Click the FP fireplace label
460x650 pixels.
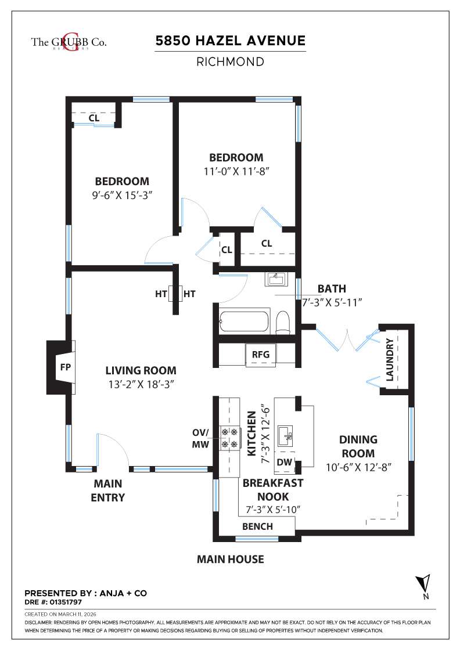tap(64, 367)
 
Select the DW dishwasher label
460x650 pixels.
tap(284, 462)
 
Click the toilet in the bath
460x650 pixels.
tap(283, 322)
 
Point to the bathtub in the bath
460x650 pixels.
tap(243, 321)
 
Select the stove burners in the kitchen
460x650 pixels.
tap(229, 438)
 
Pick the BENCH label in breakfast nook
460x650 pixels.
tap(257, 526)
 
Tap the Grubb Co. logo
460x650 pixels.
tap(69, 42)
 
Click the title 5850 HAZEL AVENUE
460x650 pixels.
tap(230, 41)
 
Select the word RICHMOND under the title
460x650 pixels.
tap(230, 61)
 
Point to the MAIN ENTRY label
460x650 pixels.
tap(109, 490)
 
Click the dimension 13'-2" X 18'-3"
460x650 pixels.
tap(141, 384)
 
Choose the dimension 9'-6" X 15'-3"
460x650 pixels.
tap(122, 194)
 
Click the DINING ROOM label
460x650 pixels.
tap(358, 446)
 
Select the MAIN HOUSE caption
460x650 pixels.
tap(230, 559)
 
